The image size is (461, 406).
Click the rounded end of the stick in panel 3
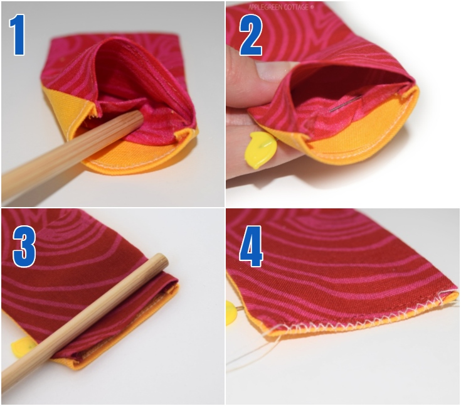[162, 260]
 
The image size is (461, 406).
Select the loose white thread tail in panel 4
[251, 358]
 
